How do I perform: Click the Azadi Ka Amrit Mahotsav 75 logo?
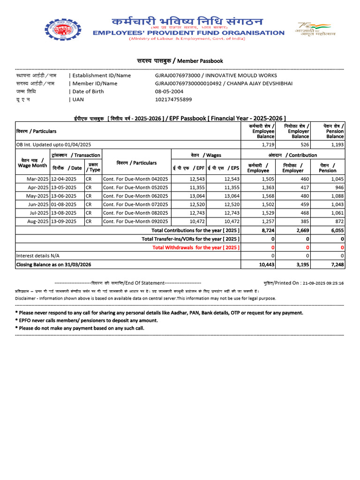tap(312, 31)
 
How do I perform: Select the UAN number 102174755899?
tap(173, 99)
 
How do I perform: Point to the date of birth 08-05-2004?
tap(168, 91)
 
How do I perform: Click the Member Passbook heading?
tap(180, 61)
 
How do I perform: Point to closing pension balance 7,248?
tap(337, 264)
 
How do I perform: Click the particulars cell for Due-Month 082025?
tap(135, 212)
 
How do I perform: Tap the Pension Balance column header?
tap(334, 131)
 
